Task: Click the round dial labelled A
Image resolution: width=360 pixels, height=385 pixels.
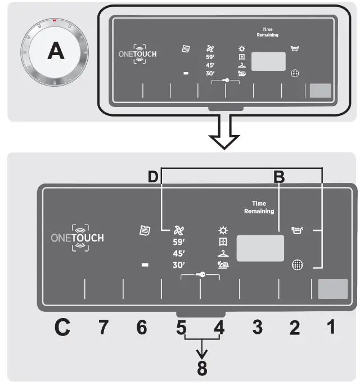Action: [56, 52]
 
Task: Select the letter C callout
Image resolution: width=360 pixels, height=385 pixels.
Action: [64, 328]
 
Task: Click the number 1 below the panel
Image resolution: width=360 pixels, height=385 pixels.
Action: [332, 326]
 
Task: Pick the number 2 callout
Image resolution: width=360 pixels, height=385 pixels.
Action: [295, 328]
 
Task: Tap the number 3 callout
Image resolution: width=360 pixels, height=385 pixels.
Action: [258, 328]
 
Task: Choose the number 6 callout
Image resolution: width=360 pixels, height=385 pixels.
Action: [142, 328]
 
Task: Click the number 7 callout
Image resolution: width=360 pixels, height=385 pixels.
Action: [103, 328]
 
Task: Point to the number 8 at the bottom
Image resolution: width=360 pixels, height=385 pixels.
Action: [201, 369]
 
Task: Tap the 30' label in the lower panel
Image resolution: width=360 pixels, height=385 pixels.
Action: [179, 265]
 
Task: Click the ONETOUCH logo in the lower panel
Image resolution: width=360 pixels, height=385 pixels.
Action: [77, 238]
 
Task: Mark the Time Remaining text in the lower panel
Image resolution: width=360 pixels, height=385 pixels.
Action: [259, 208]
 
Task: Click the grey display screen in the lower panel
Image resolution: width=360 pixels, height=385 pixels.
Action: [260, 248]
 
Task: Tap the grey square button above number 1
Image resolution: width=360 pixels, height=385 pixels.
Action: [332, 289]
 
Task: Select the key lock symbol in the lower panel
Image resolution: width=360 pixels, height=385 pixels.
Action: [200, 275]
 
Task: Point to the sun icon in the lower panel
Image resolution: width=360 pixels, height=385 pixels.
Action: [223, 230]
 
